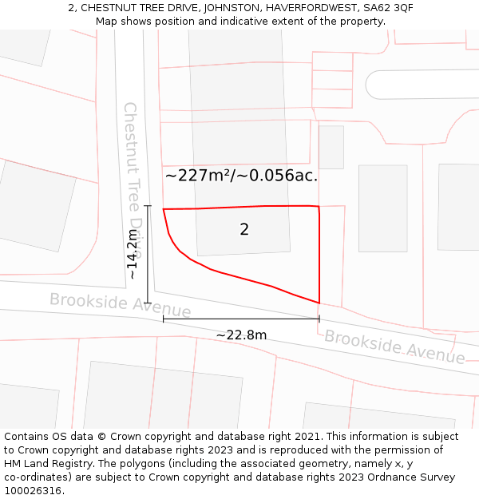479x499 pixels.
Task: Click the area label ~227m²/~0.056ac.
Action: (241, 176)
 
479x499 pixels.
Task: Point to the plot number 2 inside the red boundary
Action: (244, 230)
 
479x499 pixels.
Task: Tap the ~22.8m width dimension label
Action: (241, 335)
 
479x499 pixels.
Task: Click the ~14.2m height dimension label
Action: (133, 254)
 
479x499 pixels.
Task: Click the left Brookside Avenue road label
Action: (121, 305)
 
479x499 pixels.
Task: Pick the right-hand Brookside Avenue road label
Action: (394, 347)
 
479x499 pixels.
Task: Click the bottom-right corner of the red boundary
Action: (319, 303)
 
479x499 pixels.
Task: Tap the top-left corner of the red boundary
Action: (164, 209)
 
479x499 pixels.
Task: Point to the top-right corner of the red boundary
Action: (319, 207)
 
